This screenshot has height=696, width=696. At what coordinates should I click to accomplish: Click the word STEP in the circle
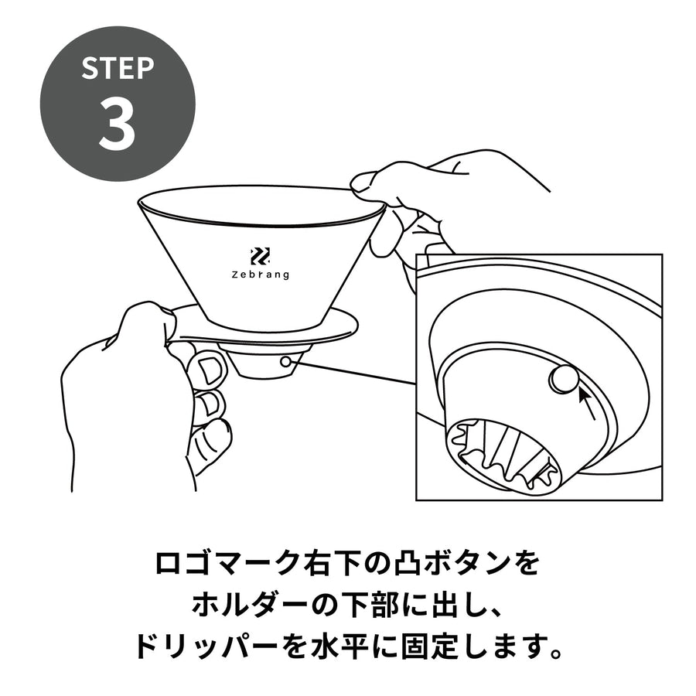pos(118,68)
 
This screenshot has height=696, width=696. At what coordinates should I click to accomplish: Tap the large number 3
pos(117,124)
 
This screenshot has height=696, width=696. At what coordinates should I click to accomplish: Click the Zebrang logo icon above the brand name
pos(261,257)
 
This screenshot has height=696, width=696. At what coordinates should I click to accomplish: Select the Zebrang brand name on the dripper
pos(261,275)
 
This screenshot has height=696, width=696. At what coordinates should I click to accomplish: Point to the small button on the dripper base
pos(286,362)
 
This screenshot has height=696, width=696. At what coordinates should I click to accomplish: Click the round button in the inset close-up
pos(565,379)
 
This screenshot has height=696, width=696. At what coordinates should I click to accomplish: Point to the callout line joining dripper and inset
pos(353,374)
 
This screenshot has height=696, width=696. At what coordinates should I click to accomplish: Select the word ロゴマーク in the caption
pos(225,564)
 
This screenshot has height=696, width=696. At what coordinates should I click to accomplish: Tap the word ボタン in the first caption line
pos(469,564)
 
